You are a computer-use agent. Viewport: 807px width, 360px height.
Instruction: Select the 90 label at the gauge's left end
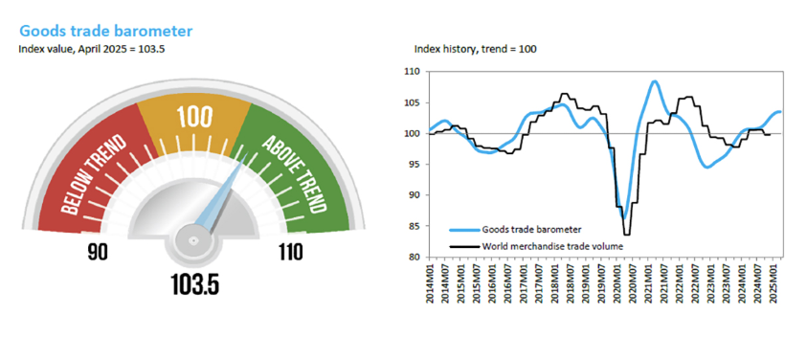click(98, 253)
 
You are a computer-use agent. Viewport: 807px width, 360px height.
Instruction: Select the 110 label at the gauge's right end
click(290, 253)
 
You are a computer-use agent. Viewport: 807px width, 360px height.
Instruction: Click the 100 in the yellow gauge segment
click(194, 118)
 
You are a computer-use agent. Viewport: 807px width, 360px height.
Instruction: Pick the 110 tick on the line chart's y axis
click(414, 72)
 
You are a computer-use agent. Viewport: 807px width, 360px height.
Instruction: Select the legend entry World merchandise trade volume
click(542, 247)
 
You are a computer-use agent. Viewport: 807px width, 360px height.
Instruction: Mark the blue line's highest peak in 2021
click(655, 81)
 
